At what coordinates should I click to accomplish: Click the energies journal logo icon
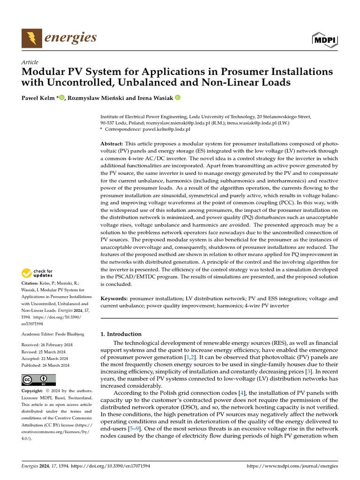coord(31,37)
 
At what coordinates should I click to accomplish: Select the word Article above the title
coord(30,62)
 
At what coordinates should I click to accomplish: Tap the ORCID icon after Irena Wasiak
coord(178,98)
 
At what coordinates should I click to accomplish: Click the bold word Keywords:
coord(114,298)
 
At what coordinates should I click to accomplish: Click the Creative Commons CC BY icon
coord(38,379)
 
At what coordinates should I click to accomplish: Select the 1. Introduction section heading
coord(121,334)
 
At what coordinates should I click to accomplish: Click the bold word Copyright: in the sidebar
coord(35,390)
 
